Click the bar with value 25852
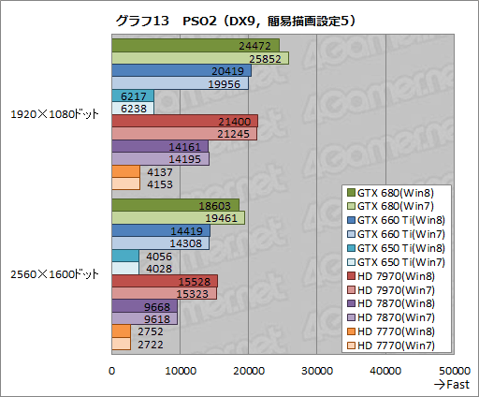(199, 58)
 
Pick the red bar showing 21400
(184, 121)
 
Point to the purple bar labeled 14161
(159, 146)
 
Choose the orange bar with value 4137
(125, 171)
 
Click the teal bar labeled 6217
(132, 96)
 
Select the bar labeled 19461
(178, 217)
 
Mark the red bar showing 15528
(164, 281)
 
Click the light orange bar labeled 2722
(121, 344)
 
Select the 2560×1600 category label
(54, 273)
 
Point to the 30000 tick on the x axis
(317, 370)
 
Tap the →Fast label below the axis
(452, 384)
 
